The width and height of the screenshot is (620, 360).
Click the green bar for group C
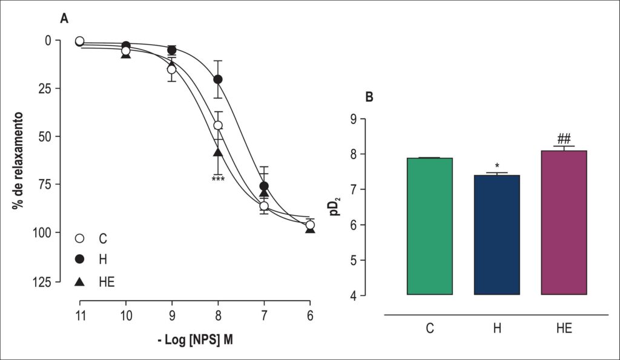(x=430, y=226)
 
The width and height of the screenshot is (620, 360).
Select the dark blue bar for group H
(x=497, y=235)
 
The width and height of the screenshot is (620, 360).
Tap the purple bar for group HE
(x=564, y=223)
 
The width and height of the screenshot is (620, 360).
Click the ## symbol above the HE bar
(x=564, y=139)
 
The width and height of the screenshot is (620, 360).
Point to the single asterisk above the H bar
(x=497, y=166)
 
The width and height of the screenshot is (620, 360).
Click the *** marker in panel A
(x=218, y=180)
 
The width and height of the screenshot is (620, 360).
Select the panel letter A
(x=64, y=18)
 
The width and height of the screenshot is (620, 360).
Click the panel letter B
(x=369, y=97)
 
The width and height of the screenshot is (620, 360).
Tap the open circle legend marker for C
(x=80, y=238)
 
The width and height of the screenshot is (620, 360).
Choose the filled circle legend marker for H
(x=80, y=259)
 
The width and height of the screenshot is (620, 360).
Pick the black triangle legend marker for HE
(x=80, y=281)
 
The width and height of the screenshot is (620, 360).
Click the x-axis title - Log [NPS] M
(x=196, y=339)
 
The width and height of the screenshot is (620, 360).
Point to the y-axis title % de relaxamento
(x=18, y=160)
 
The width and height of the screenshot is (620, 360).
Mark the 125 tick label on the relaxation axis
(x=42, y=282)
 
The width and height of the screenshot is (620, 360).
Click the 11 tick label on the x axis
(x=81, y=316)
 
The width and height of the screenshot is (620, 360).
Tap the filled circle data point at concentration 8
(x=218, y=79)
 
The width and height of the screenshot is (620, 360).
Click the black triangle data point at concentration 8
(x=218, y=152)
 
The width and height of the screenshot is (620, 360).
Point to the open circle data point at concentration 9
(x=171, y=70)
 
